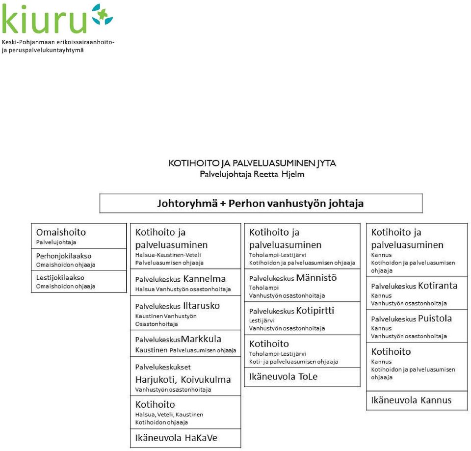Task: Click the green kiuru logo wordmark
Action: click(44, 19)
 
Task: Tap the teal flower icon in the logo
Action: click(102, 14)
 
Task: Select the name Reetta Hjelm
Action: click(279, 174)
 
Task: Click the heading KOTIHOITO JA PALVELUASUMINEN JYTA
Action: click(252, 163)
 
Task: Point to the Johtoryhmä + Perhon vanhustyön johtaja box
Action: click(261, 203)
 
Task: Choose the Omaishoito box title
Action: click(61, 232)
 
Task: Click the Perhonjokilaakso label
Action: click(64, 256)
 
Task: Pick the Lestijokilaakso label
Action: click(60, 278)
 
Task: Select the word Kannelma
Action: click(204, 279)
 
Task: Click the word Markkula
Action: click(201, 339)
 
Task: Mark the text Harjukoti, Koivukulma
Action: click(183, 380)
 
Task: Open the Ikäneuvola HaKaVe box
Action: click(185, 438)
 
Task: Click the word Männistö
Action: click(316, 278)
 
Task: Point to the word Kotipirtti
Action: click(315, 311)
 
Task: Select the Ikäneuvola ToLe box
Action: click(302, 377)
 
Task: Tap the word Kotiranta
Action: click(438, 286)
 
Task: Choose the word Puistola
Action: click(435, 318)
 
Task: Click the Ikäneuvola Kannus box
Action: click(417, 400)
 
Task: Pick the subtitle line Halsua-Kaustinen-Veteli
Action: click(168, 255)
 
